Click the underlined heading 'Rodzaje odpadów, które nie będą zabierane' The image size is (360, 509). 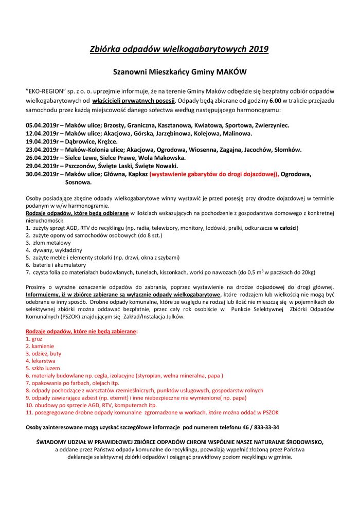(82, 332)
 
